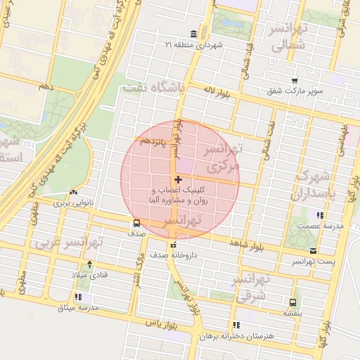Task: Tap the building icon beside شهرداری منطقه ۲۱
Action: click(x=194, y=34)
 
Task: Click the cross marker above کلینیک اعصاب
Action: click(x=178, y=181)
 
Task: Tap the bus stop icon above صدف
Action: click(x=136, y=223)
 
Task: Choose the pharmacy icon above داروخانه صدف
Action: click(x=173, y=245)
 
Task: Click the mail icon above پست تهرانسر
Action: click(x=313, y=251)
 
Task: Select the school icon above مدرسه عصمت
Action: click(x=320, y=215)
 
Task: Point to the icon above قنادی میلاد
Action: click(x=89, y=265)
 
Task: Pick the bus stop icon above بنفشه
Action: click(x=292, y=302)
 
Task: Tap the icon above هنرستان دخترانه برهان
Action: click(x=236, y=325)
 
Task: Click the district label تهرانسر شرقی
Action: click(x=253, y=288)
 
